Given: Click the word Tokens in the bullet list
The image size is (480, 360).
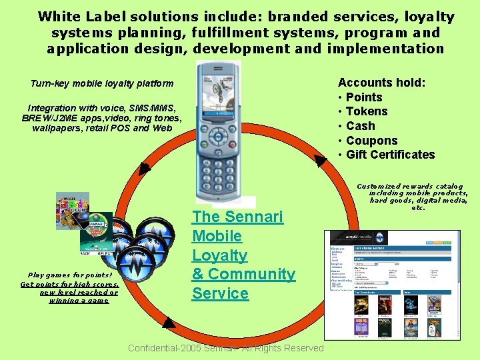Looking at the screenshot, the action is (x=367, y=111).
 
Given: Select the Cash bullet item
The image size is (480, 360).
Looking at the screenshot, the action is (x=361, y=126).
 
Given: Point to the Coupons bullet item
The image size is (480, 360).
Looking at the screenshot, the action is (x=372, y=141).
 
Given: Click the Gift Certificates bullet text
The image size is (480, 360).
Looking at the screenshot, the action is (x=391, y=155).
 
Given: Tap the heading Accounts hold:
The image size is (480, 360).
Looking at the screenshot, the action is (x=382, y=83).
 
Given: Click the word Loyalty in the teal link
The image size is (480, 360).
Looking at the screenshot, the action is (x=219, y=255).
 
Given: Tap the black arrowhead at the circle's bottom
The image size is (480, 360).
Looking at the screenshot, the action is (x=169, y=325).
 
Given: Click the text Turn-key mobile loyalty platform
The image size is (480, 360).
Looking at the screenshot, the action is (x=102, y=84).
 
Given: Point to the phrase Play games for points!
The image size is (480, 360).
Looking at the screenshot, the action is (x=70, y=275).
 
